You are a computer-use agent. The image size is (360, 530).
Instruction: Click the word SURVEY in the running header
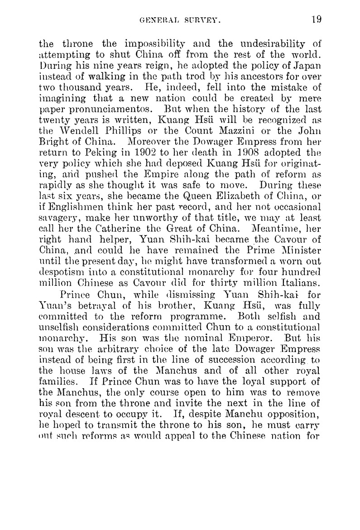201,20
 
